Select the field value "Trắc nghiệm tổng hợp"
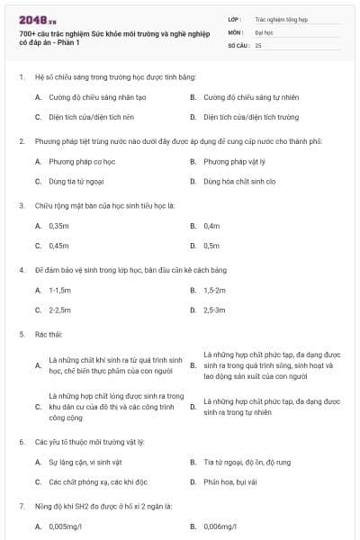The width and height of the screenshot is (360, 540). tap(280, 18)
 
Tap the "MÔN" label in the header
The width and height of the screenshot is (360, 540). tap(237, 31)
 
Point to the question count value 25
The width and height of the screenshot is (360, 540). tap(258, 44)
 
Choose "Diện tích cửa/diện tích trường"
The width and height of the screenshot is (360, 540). tap(250, 117)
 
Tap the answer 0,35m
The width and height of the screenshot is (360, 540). tap(59, 225)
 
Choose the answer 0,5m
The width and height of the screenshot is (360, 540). tap(211, 245)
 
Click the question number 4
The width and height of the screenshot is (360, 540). tap(22, 269)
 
